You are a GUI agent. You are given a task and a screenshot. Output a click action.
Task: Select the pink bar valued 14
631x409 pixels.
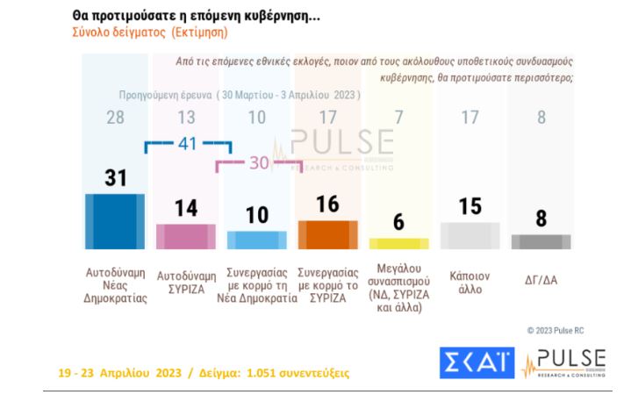click(x=186, y=236)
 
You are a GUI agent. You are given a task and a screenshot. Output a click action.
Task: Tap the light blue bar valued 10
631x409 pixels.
click(x=256, y=240)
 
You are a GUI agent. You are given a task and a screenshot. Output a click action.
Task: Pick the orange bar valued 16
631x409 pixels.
click(x=328, y=234)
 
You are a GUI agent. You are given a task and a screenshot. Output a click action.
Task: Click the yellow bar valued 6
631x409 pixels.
click(x=399, y=243)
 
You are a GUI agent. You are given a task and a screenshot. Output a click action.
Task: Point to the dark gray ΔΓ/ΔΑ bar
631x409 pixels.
click(x=541, y=241)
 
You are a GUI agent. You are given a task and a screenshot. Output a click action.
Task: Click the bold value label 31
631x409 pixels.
click(x=116, y=177)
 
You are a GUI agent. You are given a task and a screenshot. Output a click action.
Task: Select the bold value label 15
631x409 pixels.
click(x=470, y=206)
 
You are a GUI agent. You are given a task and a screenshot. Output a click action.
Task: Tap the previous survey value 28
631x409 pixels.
click(x=116, y=118)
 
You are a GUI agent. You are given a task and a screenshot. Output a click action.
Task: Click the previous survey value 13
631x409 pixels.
click(x=186, y=118)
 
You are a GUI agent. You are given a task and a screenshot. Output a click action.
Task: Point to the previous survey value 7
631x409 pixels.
click(x=399, y=118)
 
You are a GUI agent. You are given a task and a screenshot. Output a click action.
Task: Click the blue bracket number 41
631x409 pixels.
click(x=187, y=144)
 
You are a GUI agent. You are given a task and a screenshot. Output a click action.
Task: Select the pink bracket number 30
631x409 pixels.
click(x=257, y=162)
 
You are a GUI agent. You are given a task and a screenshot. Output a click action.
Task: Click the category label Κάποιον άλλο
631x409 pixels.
click(x=470, y=282)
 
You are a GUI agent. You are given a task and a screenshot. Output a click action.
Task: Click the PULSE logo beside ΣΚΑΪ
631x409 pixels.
click(x=563, y=362)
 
